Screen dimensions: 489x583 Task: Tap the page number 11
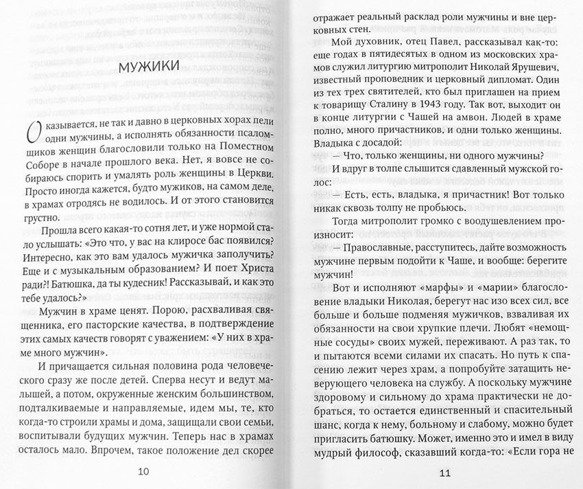click(444, 473)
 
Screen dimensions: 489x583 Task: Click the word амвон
click(481, 122)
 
